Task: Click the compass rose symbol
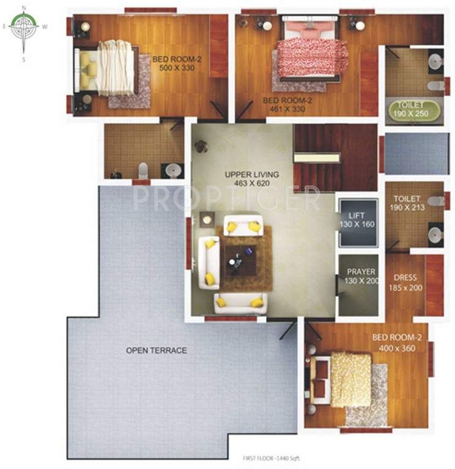[24, 27]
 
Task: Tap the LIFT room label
[356, 216]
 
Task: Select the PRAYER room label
[361, 272]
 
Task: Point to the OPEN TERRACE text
[156, 350]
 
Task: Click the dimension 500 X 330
[172, 68]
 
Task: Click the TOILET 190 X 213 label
[405, 203]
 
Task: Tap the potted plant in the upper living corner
[201, 146]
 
